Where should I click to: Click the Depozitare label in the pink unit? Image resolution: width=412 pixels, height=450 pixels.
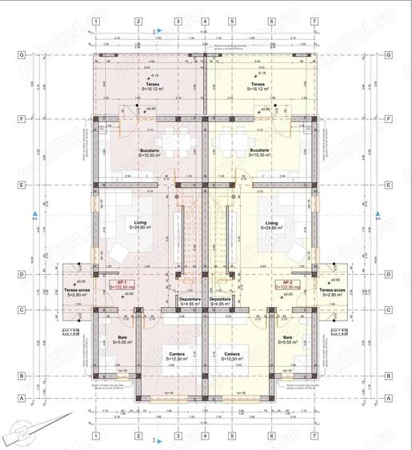[190, 301]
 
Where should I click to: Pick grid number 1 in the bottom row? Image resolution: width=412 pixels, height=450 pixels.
[95, 436]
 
